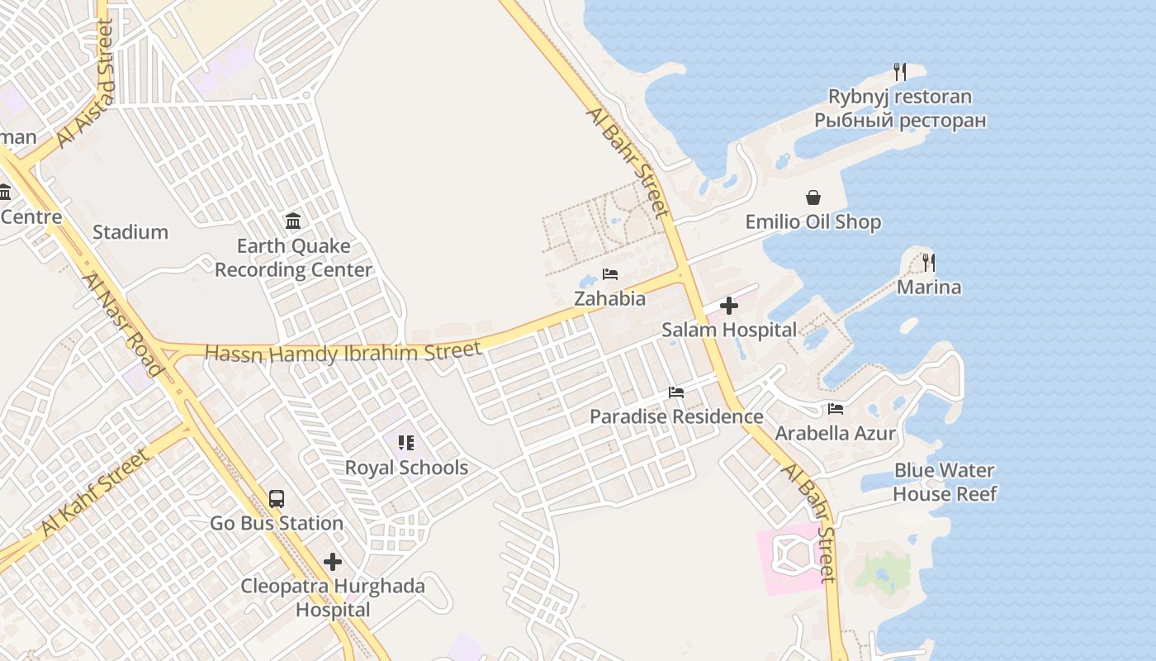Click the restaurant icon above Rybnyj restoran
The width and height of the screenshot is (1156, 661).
tap(900, 72)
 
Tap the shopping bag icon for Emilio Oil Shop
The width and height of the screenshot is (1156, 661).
tap(813, 197)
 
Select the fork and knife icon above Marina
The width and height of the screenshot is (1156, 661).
tap(929, 263)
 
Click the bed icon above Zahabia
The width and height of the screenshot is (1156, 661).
tap(610, 274)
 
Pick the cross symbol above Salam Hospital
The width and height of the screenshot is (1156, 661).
tap(729, 307)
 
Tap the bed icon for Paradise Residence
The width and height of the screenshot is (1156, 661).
tap(676, 392)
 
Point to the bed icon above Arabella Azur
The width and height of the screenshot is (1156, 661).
tap(836, 409)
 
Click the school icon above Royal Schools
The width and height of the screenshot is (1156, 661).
tap(405, 443)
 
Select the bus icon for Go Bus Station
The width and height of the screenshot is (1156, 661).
tap(277, 499)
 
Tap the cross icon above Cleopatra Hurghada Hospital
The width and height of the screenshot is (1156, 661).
tap(333, 563)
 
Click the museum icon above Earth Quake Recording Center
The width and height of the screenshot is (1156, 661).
tap(293, 221)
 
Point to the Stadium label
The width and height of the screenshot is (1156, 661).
tap(130, 232)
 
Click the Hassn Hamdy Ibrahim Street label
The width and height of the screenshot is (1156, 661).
tap(343, 353)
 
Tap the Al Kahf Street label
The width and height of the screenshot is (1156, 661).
tap(96, 492)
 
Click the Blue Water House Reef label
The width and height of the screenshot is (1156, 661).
tap(945, 483)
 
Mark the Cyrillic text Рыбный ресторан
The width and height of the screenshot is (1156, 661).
tap(900, 121)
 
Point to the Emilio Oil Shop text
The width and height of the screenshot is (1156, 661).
tap(813, 222)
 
